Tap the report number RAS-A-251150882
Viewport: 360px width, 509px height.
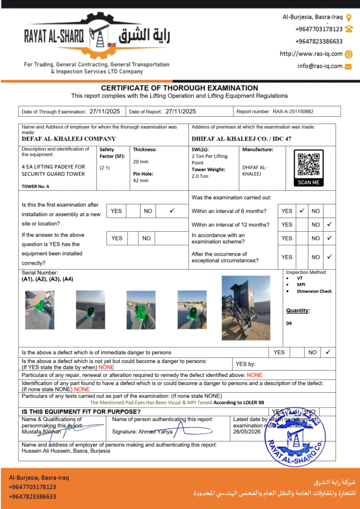pyautogui.click(x=293, y=112)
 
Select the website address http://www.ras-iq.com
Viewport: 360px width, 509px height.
pyautogui.click(x=311, y=54)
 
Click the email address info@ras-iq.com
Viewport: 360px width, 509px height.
pyautogui.click(x=320, y=66)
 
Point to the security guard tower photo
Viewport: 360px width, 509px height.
pyautogui.click(x=246, y=308)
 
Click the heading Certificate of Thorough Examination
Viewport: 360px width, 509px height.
pyautogui.click(x=180, y=88)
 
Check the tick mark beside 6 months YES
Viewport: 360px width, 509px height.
pyautogui.click(x=301, y=211)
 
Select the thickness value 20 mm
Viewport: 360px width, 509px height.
pyautogui.click(x=140, y=162)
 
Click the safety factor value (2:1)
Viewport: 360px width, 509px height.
pyautogui.click(x=105, y=168)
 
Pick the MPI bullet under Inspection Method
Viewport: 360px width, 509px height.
pyautogui.click(x=301, y=285)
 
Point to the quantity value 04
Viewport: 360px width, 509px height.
pyautogui.click(x=289, y=323)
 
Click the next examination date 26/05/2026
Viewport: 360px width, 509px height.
pyautogui.click(x=247, y=431)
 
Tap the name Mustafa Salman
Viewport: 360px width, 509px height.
pyautogui.click(x=41, y=431)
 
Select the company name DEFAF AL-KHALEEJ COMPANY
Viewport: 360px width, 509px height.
pyautogui.click(x=69, y=139)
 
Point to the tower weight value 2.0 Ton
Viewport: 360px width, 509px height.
pyautogui.click(x=200, y=176)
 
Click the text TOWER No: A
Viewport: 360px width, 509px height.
pyautogui.click(x=35, y=186)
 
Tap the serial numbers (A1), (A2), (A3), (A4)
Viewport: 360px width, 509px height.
pyautogui.click(x=47, y=279)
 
